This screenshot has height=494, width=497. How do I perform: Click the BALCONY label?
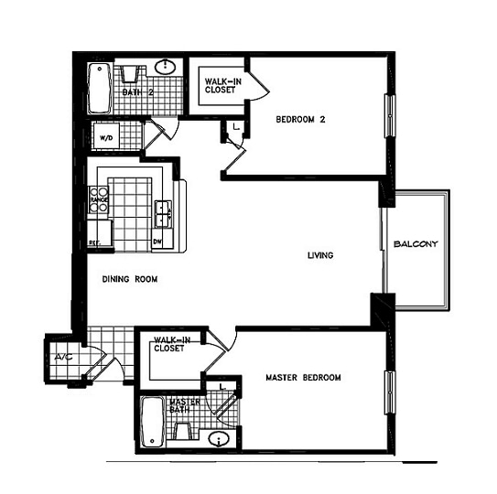416,244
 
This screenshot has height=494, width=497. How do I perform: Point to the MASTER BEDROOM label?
303,378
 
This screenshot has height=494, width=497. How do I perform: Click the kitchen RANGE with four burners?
98,199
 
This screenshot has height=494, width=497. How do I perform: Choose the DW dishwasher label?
157,242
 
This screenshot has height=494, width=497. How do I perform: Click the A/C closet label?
63,357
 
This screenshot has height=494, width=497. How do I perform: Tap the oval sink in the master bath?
218,440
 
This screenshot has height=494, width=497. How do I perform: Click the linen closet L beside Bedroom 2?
235,125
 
